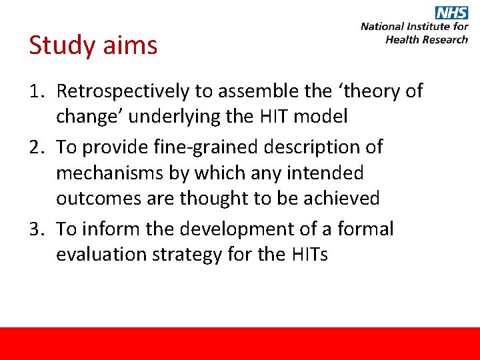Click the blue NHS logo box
click(x=451, y=13)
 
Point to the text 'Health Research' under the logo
click(x=427, y=39)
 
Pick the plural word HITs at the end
click(x=305, y=255)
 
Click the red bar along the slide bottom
click(x=240, y=343)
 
